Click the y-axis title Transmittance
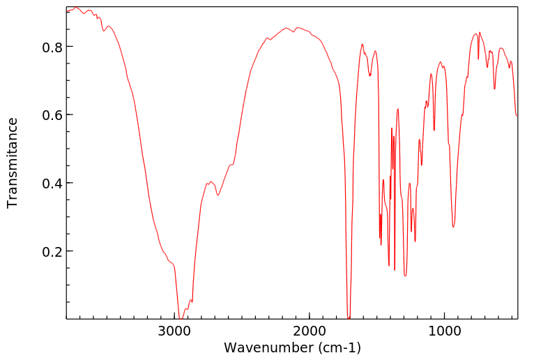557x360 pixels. point(13,163)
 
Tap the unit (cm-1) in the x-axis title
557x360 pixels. point(339,347)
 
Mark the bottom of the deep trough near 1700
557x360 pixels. point(349,317)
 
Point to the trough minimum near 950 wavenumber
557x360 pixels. point(453,227)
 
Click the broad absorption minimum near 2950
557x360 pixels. point(180,317)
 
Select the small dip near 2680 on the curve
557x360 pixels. point(218,195)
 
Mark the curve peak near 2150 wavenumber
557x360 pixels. point(287,28)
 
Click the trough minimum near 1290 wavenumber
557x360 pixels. point(405,276)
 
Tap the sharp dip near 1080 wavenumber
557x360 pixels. point(434,130)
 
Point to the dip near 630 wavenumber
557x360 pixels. point(495,89)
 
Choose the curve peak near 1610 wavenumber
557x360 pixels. point(363,44)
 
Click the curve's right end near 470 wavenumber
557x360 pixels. point(517,116)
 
